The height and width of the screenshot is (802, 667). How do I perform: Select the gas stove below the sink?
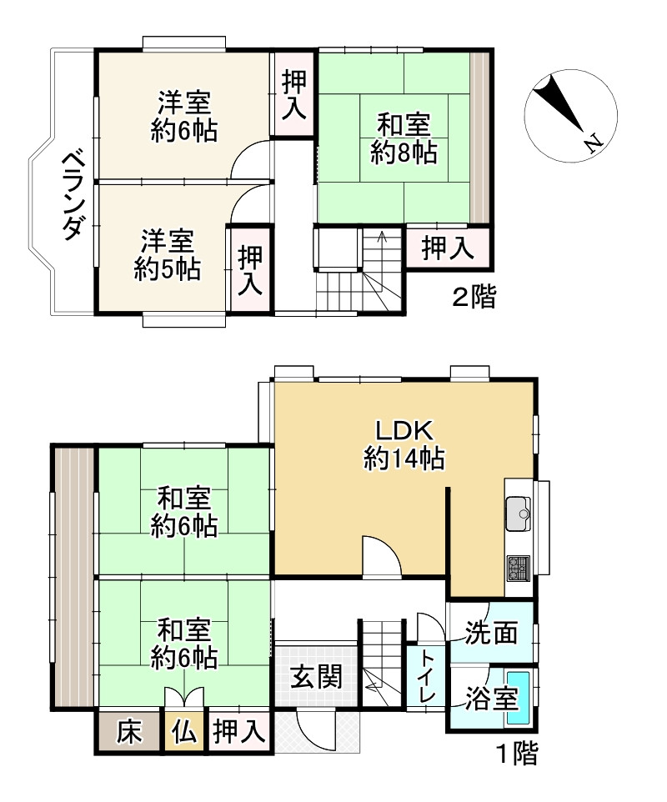(518, 569)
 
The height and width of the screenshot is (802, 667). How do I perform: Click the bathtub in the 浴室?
(519, 697)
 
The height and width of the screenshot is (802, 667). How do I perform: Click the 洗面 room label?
(492, 633)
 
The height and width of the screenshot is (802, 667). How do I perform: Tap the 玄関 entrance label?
(317, 675)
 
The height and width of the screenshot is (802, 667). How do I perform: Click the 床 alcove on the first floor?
(129, 733)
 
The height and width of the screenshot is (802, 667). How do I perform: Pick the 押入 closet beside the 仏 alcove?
(239, 733)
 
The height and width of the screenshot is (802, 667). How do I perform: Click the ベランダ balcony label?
(73, 193)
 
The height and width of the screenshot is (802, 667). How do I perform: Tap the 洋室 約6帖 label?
(183, 117)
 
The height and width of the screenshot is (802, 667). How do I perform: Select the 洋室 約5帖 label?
(167, 254)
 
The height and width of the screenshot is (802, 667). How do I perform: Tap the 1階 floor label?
(517, 755)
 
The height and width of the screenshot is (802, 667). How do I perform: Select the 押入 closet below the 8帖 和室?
(447, 247)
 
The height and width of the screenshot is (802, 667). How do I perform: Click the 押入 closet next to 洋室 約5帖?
(249, 269)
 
